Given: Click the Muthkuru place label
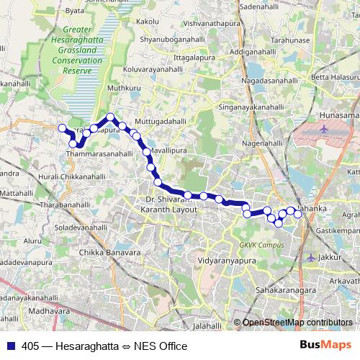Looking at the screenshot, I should [120, 89].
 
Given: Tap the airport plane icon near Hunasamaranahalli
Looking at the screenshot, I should [323, 130].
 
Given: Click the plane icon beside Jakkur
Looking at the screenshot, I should [310, 257].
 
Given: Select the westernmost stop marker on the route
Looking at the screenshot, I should [61, 128].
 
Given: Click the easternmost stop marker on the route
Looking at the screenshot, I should [298, 214].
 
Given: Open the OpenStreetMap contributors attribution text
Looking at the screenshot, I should [297, 323].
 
